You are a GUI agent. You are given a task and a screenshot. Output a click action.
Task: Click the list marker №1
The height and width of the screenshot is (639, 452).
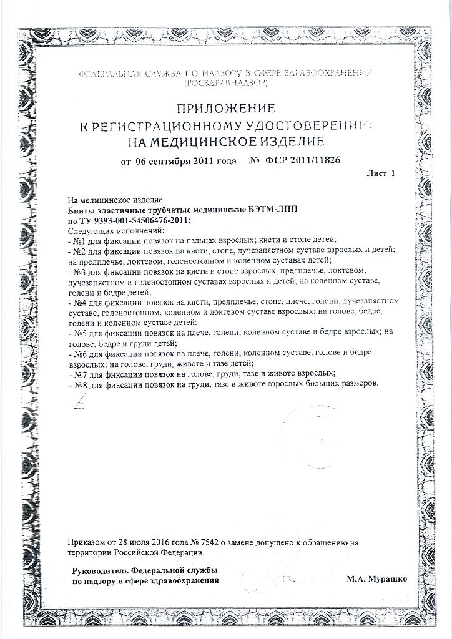point(79,240)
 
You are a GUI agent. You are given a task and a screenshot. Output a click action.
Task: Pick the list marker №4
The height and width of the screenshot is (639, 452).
point(79,302)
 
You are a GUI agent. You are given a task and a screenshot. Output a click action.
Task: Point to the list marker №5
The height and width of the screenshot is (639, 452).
point(79,333)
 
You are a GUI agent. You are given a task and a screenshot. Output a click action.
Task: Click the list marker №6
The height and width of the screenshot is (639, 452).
point(79,353)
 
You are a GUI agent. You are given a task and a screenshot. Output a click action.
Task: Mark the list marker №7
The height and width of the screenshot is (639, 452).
point(79,373)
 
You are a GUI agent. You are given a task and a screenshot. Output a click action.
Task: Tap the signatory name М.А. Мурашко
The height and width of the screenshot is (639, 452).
point(376,580)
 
